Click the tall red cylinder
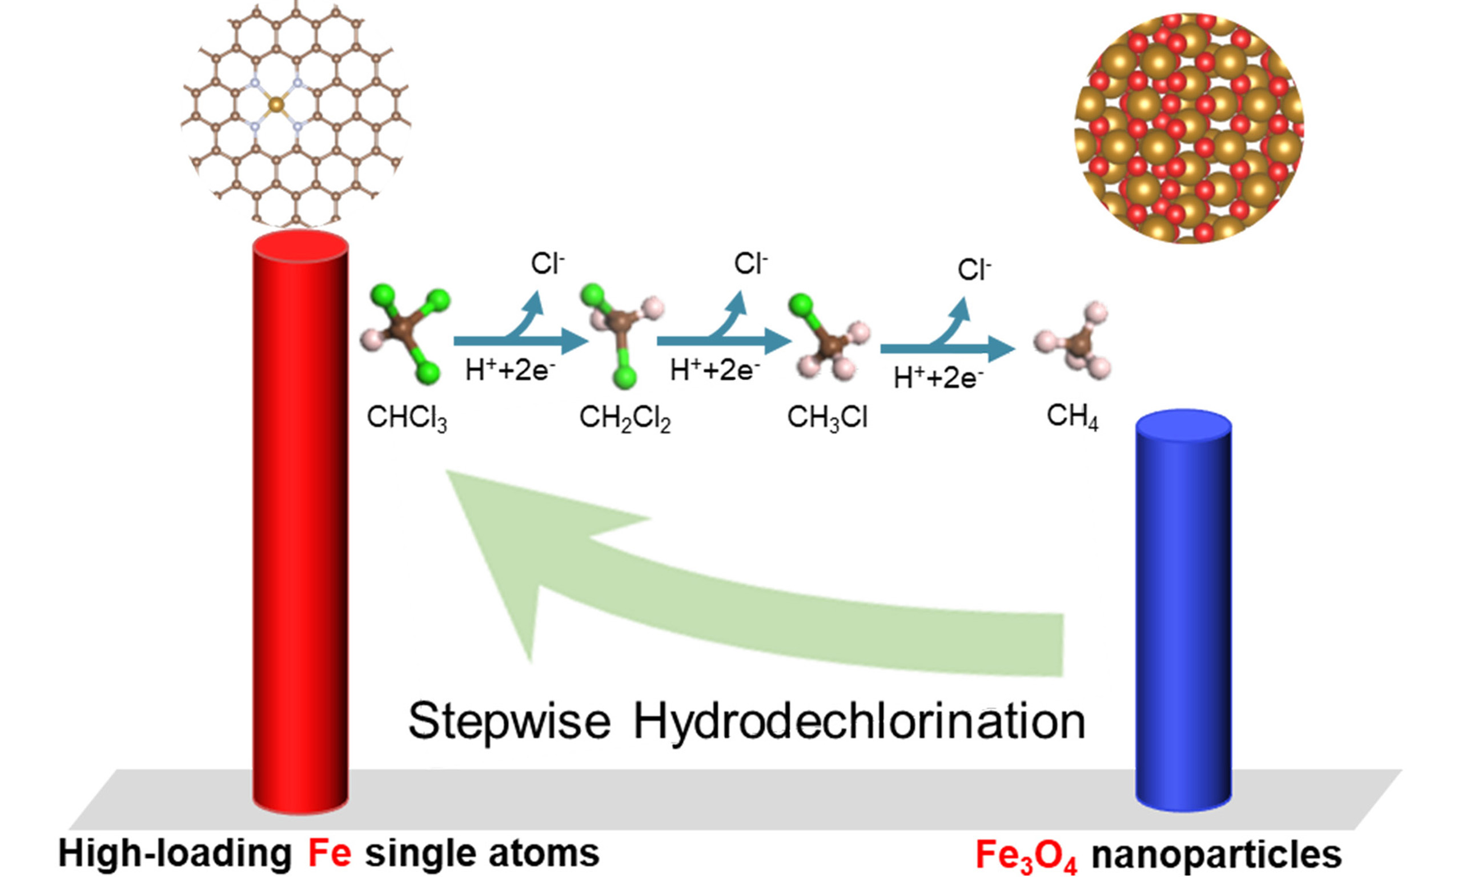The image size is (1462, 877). click(x=300, y=520)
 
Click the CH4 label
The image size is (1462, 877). click(x=1072, y=417)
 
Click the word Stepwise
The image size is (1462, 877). click(x=509, y=722)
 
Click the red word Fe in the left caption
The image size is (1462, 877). click(x=328, y=854)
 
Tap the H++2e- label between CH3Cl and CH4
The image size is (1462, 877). click(x=938, y=377)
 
